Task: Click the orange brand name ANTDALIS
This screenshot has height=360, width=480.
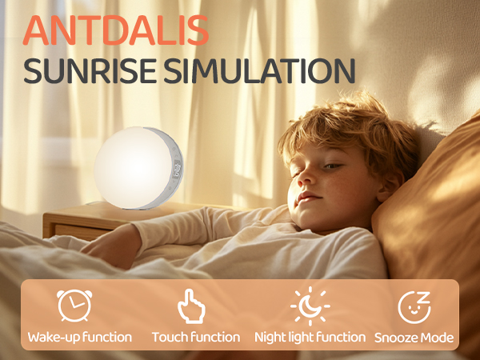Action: coord(116,30)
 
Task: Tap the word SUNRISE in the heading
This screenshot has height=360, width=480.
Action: coord(90,70)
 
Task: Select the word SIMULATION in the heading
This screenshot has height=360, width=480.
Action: coord(259,70)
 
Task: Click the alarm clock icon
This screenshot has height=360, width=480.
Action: coord(74,306)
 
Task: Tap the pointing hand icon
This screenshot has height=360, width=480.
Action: coord(191,306)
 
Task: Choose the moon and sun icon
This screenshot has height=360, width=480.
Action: coord(310,306)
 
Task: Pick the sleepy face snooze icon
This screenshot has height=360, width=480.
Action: coord(414,307)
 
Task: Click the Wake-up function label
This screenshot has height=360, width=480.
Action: coord(79,338)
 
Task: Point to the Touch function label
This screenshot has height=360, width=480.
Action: coord(196,338)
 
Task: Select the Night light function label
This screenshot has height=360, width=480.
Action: coord(310,338)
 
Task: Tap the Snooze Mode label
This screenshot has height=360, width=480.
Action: coord(414,338)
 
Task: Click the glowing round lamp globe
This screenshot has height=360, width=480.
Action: coord(133,168)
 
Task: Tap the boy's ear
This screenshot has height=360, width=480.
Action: coord(390,186)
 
